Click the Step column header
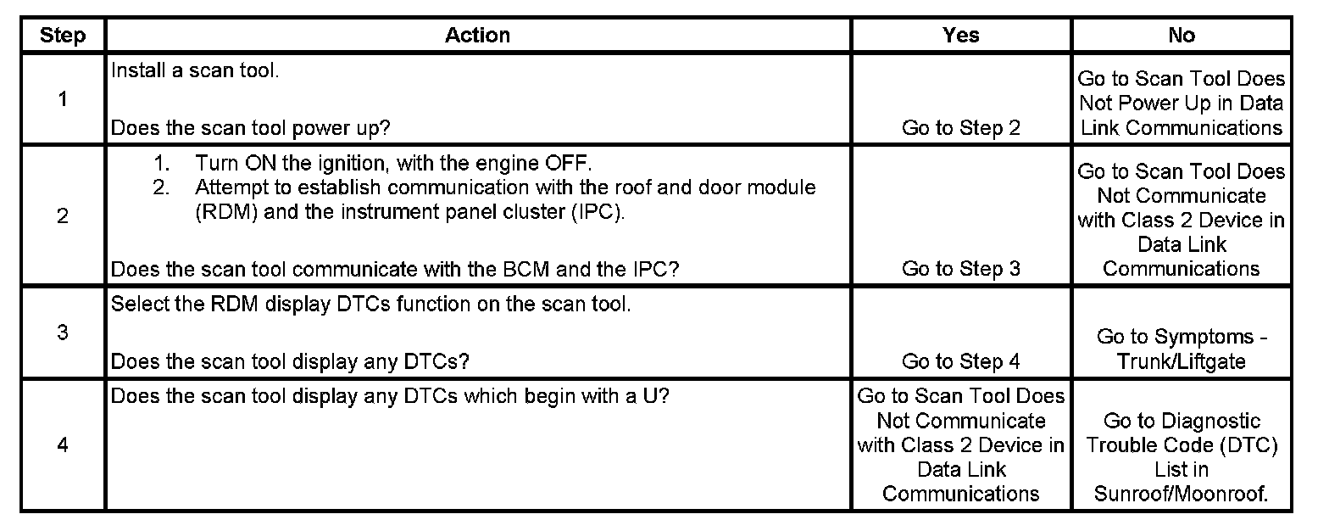coord(63,35)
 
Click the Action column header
coord(477,35)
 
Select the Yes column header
coord(960,35)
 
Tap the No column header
coord(1181,35)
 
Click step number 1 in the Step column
coord(63,99)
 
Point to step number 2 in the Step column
coord(63,215)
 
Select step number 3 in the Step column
coord(63,332)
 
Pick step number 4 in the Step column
coord(63,445)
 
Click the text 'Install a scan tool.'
coord(195,70)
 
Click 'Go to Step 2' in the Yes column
coord(960,128)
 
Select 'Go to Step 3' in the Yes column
coord(960,269)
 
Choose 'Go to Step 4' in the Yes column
coord(960,361)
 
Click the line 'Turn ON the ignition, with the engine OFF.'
coord(392,163)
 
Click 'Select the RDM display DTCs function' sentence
coord(370,305)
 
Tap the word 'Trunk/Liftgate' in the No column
coord(1181,361)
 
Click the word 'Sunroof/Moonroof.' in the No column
coord(1181,494)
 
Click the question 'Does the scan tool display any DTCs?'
coord(291,361)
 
